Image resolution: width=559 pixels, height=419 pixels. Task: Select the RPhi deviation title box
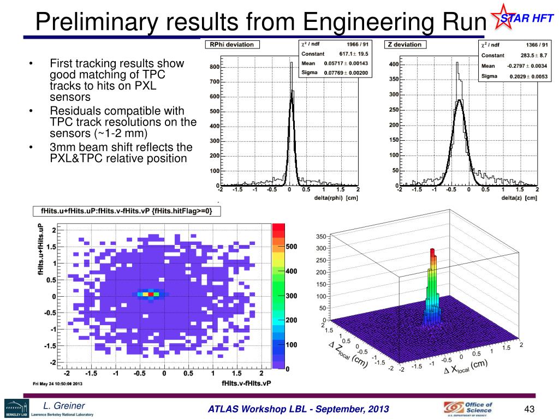232,45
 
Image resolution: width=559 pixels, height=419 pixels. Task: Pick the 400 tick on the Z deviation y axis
393,64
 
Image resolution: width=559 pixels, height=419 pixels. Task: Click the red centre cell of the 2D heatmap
151,294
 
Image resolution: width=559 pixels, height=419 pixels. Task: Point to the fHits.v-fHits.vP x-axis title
246,384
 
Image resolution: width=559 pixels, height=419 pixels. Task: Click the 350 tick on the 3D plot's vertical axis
320,237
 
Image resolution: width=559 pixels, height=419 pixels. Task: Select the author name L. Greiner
64,405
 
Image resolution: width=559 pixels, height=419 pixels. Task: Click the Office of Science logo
468,408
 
